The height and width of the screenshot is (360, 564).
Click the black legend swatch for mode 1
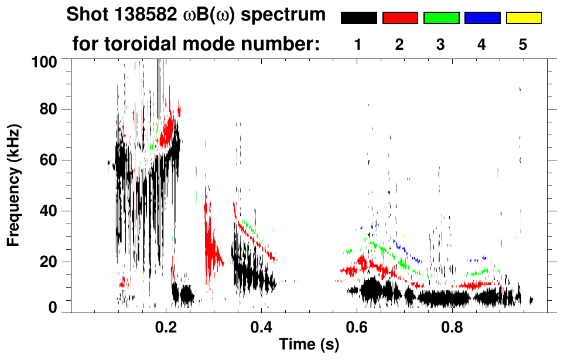[x=359, y=18]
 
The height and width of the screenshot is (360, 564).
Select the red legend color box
[x=400, y=18]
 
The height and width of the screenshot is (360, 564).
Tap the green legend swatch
[x=441, y=18]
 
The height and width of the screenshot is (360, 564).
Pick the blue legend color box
[x=482, y=18]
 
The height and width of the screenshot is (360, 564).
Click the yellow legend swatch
[x=523, y=18]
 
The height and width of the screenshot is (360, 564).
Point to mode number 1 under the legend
[x=358, y=45]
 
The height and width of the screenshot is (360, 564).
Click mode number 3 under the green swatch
[x=440, y=45]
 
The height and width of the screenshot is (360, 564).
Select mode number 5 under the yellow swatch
[x=523, y=45]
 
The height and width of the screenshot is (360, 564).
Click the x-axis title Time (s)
[x=309, y=345]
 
